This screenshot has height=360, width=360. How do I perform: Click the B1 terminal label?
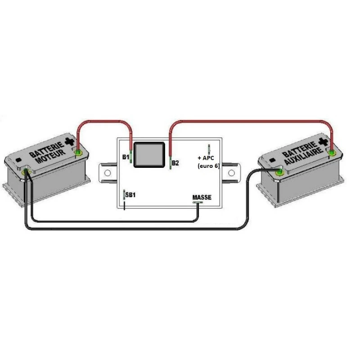pos(126,157)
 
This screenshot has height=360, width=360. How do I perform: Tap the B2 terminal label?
pos(175,163)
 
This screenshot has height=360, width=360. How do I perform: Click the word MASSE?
pos(201,197)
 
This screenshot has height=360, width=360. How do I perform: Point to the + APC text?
pos(207,158)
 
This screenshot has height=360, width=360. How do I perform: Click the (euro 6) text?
pos(208,166)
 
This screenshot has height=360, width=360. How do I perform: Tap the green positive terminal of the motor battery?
pos(79,153)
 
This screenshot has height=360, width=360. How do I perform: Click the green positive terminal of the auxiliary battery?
pos(332,153)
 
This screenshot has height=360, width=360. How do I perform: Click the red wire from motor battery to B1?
pos(103,121)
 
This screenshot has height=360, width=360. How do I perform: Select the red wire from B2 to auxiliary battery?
pos(252,121)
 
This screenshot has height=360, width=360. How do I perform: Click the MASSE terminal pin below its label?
pos(198,202)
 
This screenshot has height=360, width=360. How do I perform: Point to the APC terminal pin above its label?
pos(209,149)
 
